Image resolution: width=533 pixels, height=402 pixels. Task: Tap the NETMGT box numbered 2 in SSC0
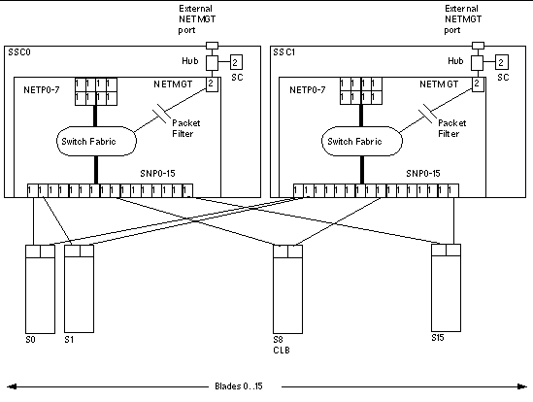click(x=212, y=85)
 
